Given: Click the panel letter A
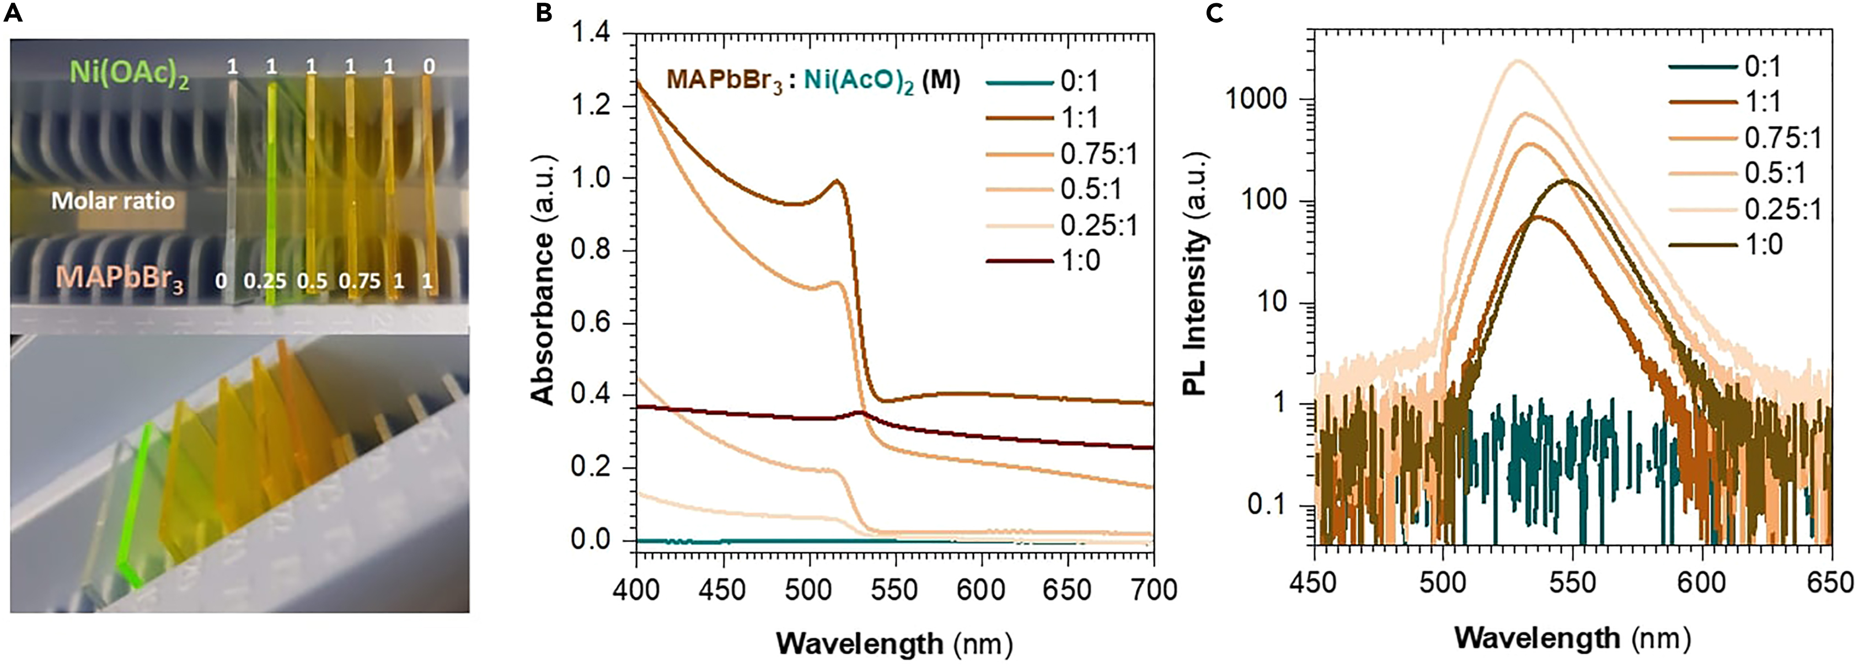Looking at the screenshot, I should tap(13, 14).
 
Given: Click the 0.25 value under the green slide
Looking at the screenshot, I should tap(264, 281).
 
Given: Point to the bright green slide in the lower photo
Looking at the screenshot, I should tap(136, 505).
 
